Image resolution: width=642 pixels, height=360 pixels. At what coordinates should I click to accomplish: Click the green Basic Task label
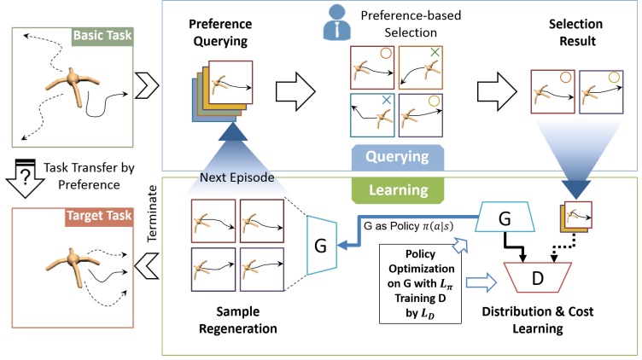point(102,36)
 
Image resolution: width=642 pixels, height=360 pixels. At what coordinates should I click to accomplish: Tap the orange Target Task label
point(99,216)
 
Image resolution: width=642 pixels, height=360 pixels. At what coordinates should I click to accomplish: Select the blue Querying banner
point(398,157)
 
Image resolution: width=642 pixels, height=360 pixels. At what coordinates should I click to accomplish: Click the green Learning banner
point(398,190)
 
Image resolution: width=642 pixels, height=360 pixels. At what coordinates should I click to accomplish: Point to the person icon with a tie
point(336,22)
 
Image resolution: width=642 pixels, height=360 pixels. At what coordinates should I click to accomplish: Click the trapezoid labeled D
point(537,278)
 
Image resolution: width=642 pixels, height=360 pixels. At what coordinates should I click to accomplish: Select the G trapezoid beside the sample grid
point(322,246)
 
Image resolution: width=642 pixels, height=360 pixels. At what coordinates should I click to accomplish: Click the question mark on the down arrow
point(26,177)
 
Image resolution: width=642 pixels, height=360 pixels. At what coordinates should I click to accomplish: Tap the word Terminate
point(152,213)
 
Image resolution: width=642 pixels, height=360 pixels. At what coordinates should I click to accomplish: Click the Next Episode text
point(237,177)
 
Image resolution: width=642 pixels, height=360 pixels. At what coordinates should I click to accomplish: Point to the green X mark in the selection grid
point(435,52)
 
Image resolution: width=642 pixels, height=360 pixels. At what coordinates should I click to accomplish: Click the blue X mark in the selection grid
point(387,100)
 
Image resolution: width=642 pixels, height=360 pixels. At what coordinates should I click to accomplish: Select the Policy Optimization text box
point(421,284)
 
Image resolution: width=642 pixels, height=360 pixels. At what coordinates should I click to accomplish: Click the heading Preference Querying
point(220,32)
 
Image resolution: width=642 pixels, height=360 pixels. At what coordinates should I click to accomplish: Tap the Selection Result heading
point(576,32)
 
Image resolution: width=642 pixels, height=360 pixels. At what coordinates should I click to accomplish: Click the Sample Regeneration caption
point(238,320)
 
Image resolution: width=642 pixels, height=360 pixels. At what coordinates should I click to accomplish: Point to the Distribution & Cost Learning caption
point(538,320)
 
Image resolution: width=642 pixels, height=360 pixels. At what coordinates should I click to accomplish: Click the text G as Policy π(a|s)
point(409,226)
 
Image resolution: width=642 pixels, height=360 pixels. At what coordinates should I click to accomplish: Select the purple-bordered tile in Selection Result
point(601,92)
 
